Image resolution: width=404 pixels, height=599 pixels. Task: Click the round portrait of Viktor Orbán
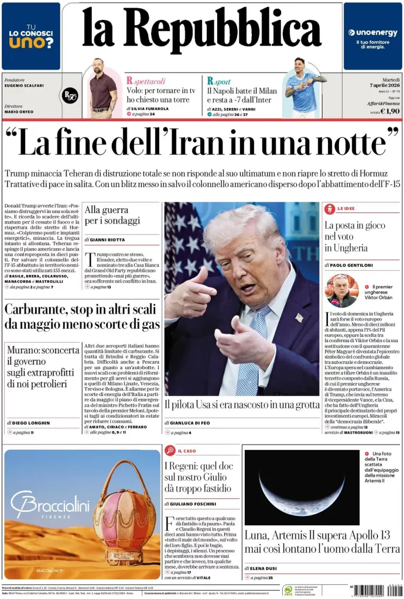pyautogui.click(x=341, y=290)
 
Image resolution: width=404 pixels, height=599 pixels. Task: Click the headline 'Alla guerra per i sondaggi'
pyautogui.click(x=112, y=215)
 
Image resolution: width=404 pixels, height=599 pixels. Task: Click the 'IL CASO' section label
pyautogui.click(x=186, y=451)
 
